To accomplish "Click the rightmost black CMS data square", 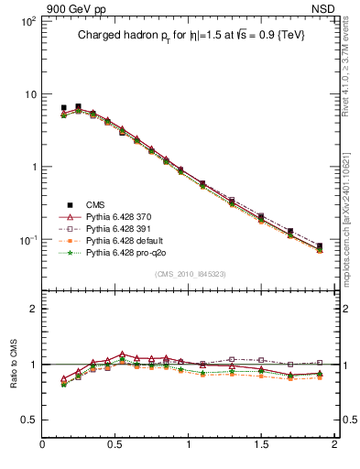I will coord(320,246).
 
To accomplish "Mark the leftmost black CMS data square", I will coord(63,108).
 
